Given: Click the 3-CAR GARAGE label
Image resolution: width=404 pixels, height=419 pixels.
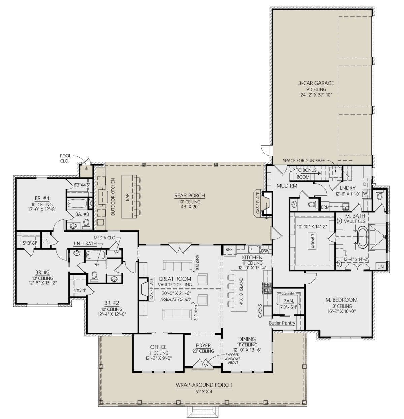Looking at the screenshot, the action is click(x=316, y=83).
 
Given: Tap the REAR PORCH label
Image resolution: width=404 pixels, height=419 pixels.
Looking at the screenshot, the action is click(x=190, y=195).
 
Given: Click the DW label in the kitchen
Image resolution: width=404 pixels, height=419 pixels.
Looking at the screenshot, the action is click(x=264, y=251).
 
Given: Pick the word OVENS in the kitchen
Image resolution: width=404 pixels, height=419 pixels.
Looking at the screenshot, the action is click(x=260, y=311).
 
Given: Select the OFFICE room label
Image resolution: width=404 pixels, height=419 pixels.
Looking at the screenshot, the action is click(x=158, y=347).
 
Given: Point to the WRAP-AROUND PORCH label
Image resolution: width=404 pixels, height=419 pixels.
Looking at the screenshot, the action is click(x=204, y=385).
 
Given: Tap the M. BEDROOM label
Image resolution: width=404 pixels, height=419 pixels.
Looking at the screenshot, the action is click(x=341, y=300).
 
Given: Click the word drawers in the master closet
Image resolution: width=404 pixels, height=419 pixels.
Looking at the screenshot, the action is click(x=312, y=240).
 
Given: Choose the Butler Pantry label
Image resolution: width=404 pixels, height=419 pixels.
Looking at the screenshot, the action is click(x=282, y=329).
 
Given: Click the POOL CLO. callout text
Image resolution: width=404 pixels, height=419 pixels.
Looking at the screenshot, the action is click(x=65, y=158).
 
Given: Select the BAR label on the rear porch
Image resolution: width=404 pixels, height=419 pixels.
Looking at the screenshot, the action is click(x=127, y=197).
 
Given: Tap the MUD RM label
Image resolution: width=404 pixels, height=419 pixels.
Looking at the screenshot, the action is click(x=287, y=186).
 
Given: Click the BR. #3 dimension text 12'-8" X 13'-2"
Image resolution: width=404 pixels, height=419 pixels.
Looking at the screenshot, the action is click(x=42, y=283).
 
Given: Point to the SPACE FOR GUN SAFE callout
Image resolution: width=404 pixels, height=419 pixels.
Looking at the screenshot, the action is click(x=304, y=161).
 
